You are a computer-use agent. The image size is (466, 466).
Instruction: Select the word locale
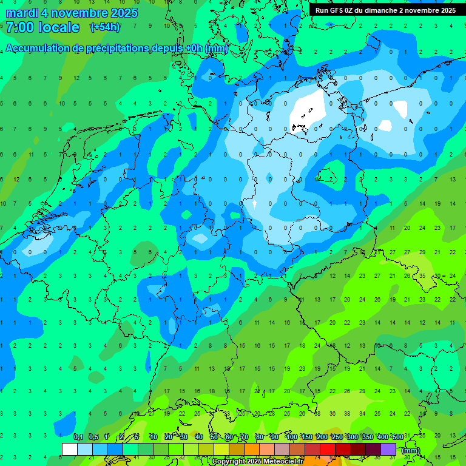(59, 27)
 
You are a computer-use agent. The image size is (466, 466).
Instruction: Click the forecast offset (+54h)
(105, 27)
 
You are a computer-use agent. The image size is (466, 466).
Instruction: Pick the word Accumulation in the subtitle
(37, 48)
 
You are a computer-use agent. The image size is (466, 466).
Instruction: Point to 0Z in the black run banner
(354, 10)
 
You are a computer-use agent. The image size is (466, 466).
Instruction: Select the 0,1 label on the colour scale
(78, 437)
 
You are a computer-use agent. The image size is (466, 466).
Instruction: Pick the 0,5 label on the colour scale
(93, 437)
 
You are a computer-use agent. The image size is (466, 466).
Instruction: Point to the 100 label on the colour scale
(292, 437)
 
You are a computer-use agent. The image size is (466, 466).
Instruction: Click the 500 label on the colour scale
(397, 437)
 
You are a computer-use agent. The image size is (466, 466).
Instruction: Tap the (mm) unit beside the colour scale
(411, 450)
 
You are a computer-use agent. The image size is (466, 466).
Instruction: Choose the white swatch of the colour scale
(70, 449)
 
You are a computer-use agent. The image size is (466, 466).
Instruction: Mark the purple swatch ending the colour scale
(389, 449)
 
